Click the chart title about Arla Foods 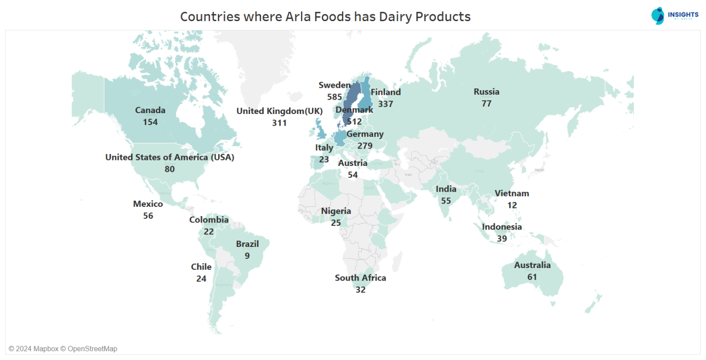coord(325,17)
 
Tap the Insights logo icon coord(658,16)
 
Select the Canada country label coord(150,110)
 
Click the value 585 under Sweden coord(335,97)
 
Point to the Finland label coord(386,92)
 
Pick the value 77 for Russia coord(486,103)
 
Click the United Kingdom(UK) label coord(279,111)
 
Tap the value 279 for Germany coord(365,146)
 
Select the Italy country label coord(324,148)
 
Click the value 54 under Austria coord(353,175)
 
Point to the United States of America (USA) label coord(170,157)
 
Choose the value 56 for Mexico coord(148,216)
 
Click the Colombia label coord(209,220)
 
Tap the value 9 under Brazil coord(247,256)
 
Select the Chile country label coord(201,267)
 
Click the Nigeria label coord(336,211)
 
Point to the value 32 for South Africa coord(360,290)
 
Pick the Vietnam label coord(512,194)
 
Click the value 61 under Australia coord(532,277)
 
